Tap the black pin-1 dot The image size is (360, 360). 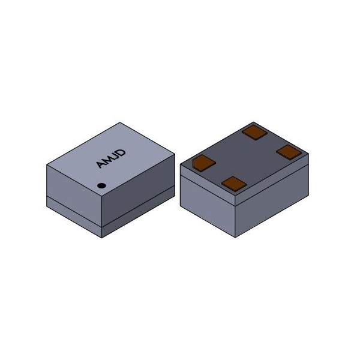point(102,185)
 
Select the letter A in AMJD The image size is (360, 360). point(100,164)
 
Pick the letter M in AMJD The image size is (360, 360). point(107,160)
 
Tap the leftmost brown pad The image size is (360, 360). point(204,161)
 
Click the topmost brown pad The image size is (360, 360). point(254,132)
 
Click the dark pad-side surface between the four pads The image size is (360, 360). point(246,157)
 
